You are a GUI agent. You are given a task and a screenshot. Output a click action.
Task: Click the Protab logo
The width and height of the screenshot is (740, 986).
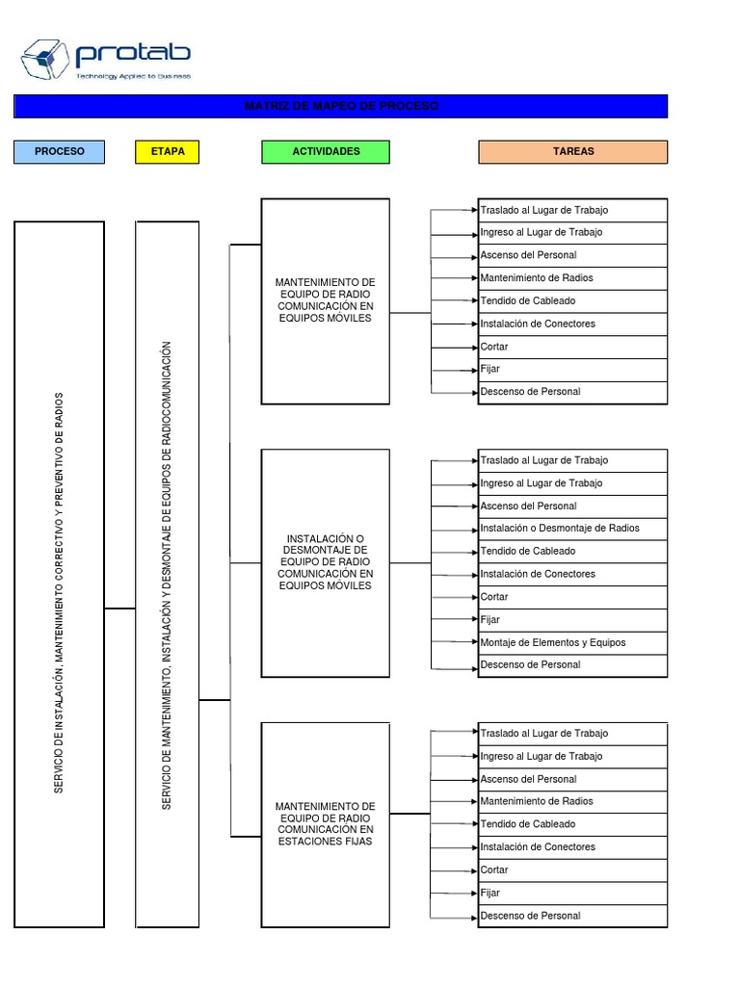[x=106, y=60]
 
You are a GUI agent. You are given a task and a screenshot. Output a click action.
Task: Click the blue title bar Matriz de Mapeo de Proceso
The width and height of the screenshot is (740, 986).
[x=340, y=106]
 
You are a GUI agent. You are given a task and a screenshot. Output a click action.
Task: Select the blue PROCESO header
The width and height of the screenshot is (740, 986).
[x=59, y=151]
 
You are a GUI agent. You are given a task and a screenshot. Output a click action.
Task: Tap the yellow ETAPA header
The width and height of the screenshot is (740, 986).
[x=168, y=151]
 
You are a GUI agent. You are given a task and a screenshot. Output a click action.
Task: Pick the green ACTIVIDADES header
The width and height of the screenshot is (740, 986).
[x=326, y=151]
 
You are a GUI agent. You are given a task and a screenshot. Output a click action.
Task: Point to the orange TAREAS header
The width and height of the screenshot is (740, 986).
[x=572, y=151]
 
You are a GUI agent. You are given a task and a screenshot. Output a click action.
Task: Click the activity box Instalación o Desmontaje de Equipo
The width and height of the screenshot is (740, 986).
[x=326, y=562]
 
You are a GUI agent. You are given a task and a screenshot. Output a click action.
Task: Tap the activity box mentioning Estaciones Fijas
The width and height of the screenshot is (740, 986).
[x=326, y=823]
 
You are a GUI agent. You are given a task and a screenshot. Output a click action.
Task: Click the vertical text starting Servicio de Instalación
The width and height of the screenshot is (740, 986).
[x=59, y=593]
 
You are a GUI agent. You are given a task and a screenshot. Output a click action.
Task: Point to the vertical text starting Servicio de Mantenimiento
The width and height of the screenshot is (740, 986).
[x=167, y=575]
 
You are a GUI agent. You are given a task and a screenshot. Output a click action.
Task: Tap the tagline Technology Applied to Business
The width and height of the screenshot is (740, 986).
[x=134, y=76]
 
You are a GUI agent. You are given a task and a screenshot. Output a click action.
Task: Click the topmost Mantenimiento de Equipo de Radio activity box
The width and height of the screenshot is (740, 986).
[x=326, y=300]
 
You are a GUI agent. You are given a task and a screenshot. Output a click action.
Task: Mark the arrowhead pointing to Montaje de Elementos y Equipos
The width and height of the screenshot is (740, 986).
[x=474, y=642]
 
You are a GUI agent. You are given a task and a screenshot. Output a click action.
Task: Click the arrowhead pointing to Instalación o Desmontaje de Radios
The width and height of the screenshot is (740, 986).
[x=474, y=529]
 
